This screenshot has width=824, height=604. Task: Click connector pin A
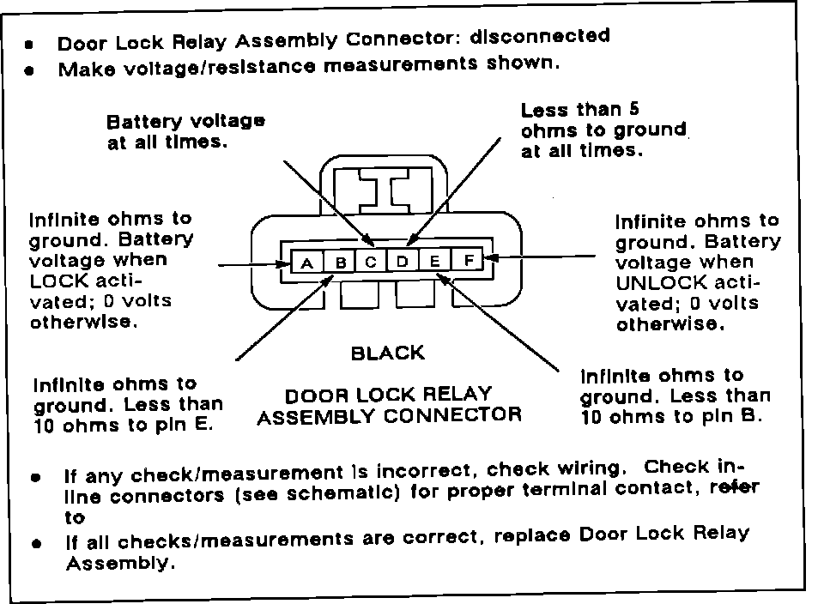point(307,263)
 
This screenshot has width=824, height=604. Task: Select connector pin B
point(340,263)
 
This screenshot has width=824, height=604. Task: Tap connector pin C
point(371,262)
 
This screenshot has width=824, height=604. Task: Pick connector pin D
point(403,261)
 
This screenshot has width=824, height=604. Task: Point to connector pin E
point(435,261)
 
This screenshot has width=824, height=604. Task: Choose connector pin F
point(468,260)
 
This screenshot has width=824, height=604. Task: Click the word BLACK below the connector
point(387,353)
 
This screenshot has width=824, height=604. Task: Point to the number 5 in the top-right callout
point(634,109)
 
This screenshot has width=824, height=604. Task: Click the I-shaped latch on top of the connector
point(383,190)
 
